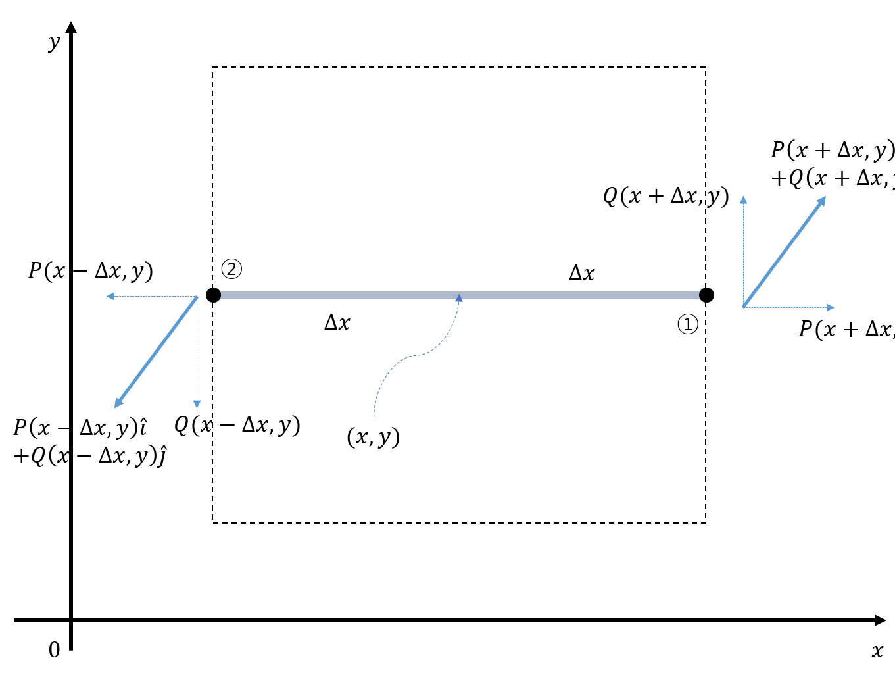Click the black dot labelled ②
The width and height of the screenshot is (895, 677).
click(x=213, y=295)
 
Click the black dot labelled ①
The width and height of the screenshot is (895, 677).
click(x=706, y=295)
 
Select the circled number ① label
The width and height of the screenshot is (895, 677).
click(x=688, y=324)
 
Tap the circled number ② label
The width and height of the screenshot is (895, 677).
click(x=231, y=268)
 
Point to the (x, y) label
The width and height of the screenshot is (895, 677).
click(x=374, y=437)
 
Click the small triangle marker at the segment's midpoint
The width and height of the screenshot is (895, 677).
click(x=459, y=298)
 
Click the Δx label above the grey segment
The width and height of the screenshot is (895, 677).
click(x=582, y=274)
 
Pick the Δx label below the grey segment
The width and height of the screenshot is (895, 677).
click(x=337, y=322)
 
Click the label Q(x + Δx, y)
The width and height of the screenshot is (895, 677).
click(x=665, y=196)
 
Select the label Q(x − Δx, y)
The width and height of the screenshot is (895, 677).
click(x=237, y=425)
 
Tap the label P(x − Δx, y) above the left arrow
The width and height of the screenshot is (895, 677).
click(x=91, y=270)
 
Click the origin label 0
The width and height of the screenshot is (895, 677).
click(x=55, y=650)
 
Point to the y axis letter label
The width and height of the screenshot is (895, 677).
click(x=54, y=43)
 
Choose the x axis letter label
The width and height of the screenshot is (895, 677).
click(x=877, y=651)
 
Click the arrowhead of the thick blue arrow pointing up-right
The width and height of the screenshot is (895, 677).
click(x=822, y=200)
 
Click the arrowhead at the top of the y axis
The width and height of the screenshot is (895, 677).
click(x=71, y=27)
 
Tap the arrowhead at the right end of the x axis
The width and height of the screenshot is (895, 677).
click(x=881, y=620)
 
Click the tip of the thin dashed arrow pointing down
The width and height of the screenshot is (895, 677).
click(x=197, y=405)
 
